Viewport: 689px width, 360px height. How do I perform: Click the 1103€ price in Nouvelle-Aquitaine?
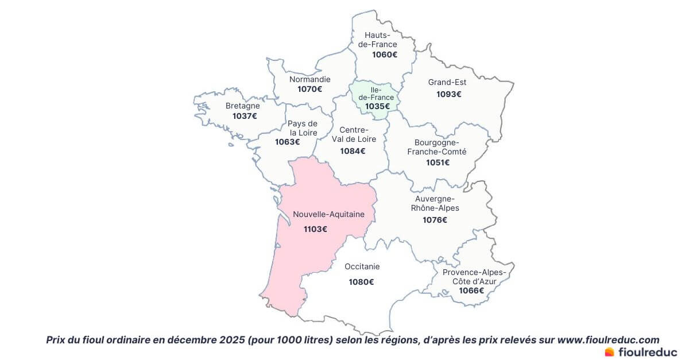315,229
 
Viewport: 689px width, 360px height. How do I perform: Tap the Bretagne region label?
242,106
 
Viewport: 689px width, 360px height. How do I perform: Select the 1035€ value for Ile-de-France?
377,106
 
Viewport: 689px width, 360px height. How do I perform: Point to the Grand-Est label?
447,82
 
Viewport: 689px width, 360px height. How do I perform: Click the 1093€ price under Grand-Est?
448,94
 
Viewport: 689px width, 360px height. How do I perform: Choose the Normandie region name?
309,79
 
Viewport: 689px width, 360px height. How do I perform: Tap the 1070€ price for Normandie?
309,89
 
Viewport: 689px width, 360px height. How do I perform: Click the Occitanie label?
362,266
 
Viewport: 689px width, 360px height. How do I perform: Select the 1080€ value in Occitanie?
361,282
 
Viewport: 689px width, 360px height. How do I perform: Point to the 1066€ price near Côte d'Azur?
471,291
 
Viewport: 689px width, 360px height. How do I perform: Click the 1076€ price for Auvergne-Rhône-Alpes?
435,220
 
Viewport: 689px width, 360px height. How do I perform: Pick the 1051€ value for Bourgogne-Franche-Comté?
438,162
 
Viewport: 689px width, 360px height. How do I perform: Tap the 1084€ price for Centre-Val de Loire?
353,151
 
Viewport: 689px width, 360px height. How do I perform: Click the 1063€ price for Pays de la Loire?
287,142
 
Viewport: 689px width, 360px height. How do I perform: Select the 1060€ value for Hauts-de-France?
385,55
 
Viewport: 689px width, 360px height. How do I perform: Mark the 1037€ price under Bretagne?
245,116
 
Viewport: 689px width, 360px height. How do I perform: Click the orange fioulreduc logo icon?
609,351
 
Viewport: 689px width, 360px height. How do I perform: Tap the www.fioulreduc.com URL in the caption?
608,340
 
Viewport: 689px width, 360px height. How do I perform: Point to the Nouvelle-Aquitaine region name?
328,214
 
